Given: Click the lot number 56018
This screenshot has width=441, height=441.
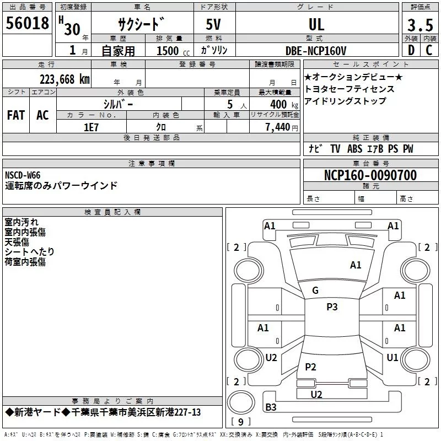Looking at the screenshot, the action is coord(28,24).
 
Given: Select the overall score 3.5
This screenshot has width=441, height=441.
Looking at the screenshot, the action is coord(420,25).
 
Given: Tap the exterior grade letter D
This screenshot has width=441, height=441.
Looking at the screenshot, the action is coord(411,50).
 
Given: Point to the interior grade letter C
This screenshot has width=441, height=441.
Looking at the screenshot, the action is coord(429,50).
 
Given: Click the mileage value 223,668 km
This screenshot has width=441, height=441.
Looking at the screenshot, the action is coord(64,79).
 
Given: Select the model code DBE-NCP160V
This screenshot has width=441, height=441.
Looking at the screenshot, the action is coord(316,51).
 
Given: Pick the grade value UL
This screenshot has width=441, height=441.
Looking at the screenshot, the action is coord(316,24).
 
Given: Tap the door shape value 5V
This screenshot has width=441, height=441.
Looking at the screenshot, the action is coord(214,24).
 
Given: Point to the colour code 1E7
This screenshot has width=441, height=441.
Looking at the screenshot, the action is coord(91,127).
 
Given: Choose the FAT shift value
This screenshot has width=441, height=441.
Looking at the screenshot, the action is coord(16,115).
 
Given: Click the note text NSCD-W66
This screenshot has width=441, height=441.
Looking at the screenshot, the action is coord(23,175).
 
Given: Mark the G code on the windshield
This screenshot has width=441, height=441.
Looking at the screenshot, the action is coord(315,291).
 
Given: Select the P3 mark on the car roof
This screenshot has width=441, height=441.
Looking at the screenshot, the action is coord(332,307).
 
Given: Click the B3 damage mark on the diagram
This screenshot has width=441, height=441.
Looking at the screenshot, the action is coord(271,407).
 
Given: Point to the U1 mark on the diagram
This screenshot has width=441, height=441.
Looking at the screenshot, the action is coord(392,358).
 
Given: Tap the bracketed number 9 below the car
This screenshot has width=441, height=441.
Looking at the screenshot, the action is coord(240,422).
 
